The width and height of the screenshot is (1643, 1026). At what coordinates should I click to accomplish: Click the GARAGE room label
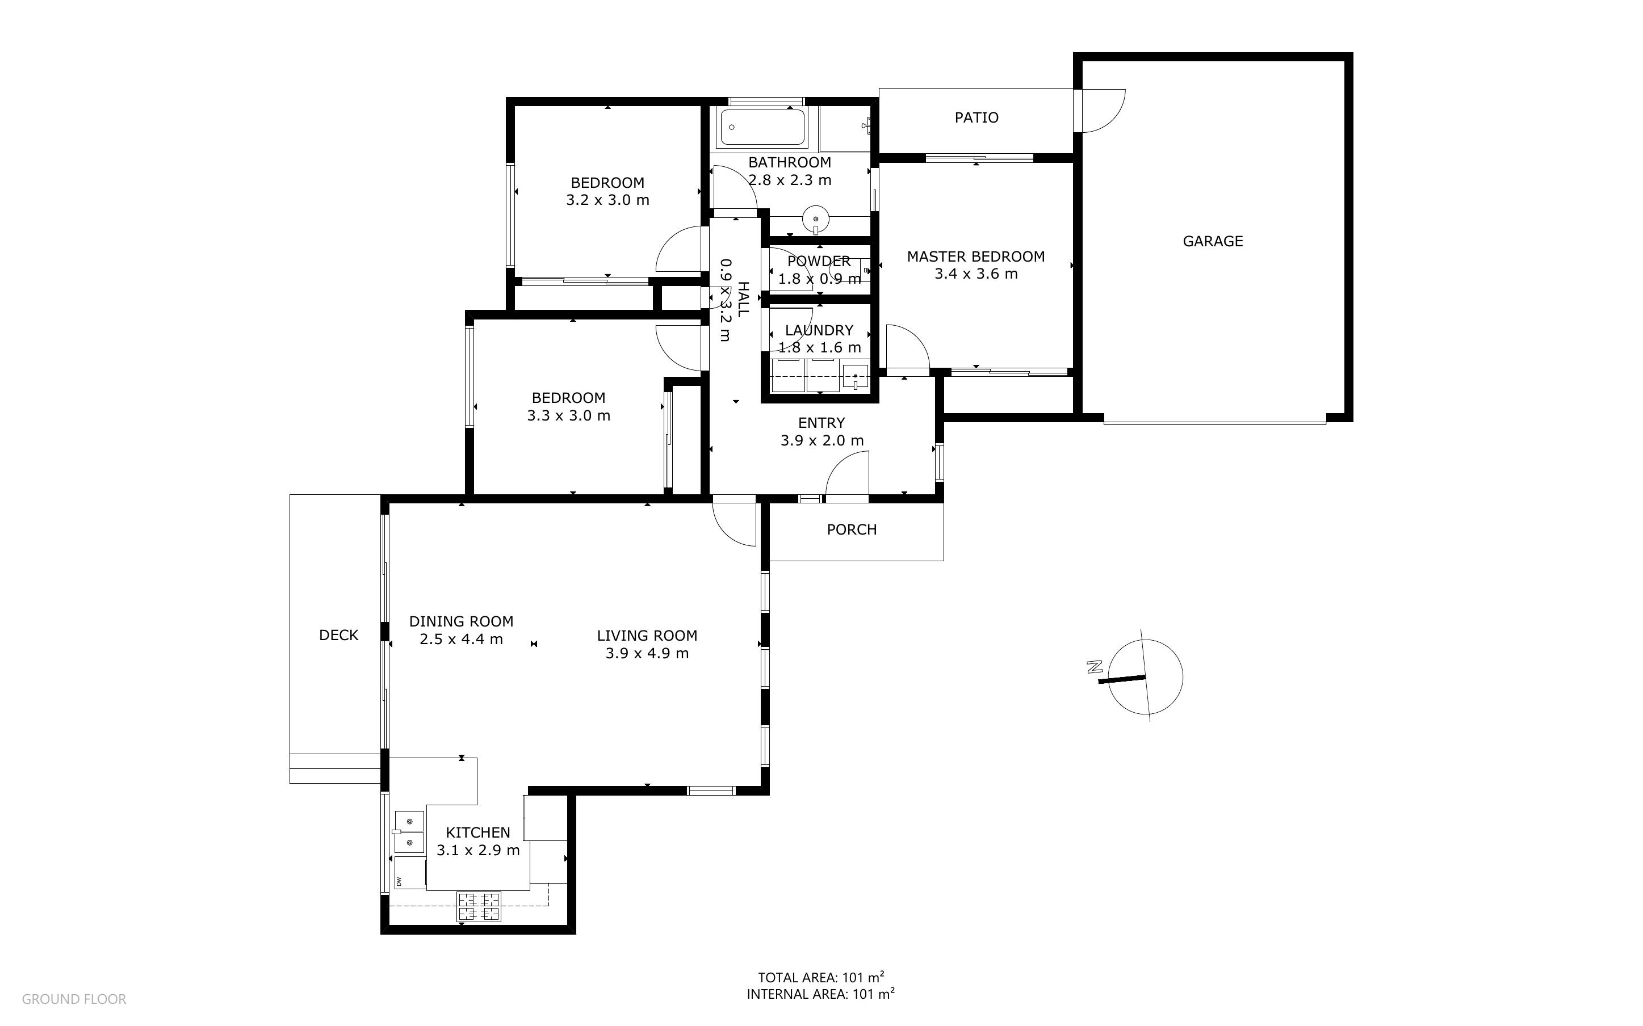1212,241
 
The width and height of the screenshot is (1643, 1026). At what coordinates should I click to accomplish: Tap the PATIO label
976,117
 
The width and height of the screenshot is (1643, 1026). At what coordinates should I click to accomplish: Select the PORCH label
851,529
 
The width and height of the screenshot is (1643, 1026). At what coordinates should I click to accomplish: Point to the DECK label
338,635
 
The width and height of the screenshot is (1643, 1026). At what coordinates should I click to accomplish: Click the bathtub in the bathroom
763,127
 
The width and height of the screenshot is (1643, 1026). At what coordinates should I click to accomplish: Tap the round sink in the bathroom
815,218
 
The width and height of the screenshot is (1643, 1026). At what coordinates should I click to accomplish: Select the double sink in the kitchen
409,831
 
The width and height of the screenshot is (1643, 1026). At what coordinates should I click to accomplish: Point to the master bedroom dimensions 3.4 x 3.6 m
976,274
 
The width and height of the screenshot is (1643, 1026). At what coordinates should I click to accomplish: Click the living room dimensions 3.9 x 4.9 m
647,654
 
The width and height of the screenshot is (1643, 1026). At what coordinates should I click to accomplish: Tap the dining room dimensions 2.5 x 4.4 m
461,639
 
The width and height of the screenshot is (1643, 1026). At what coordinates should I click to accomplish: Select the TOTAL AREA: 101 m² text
820,977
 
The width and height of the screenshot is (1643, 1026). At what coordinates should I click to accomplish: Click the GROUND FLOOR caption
74,999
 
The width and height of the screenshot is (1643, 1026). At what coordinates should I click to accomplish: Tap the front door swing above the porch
847,474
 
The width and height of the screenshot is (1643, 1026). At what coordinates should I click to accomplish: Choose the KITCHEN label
478,832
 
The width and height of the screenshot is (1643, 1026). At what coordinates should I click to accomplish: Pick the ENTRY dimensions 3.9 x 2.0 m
822,441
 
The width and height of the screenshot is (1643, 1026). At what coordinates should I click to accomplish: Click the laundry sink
854,376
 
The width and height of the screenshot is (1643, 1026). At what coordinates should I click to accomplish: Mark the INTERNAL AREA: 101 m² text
820,994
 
